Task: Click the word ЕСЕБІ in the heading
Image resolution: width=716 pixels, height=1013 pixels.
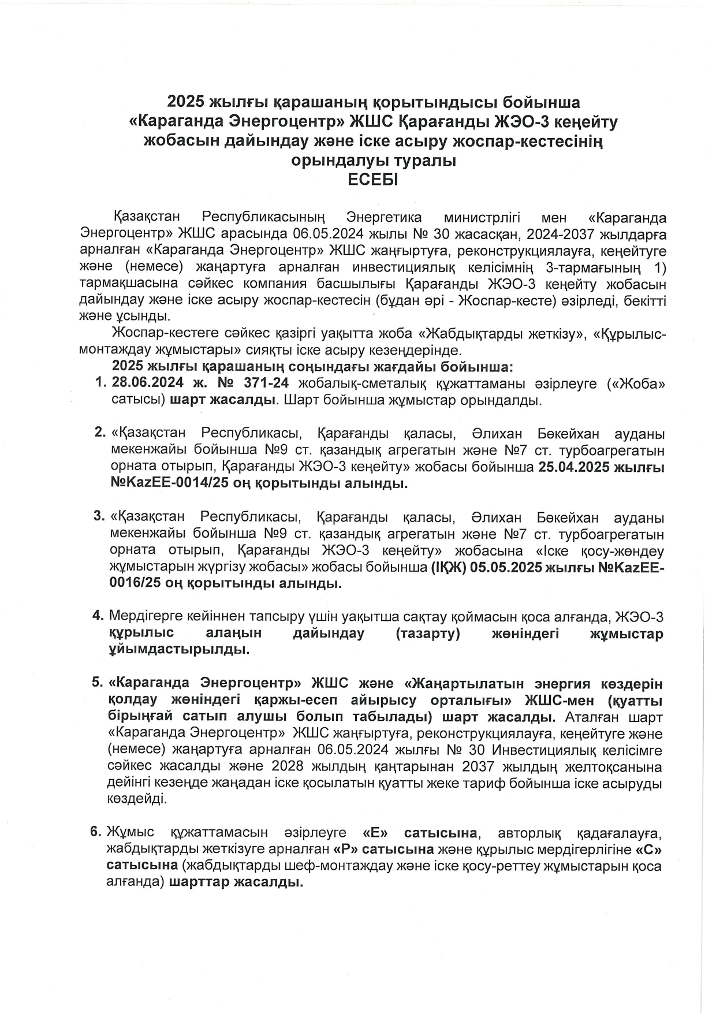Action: (372, 180)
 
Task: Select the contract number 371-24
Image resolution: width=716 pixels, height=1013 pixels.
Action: (271, 383)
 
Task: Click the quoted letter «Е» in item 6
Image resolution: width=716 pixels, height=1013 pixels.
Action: (374, 832)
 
